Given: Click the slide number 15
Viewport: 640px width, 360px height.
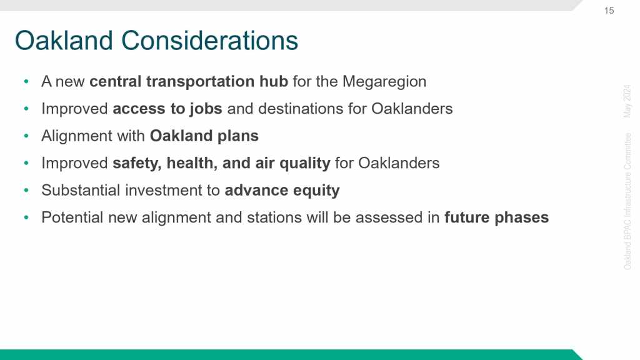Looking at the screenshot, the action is pyautogui.click(x=609, y=11).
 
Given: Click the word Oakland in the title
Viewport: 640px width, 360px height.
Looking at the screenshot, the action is pyautogui.click(x=64, y=41).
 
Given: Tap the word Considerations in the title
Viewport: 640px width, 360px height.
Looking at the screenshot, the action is pyautogui.click(x=209, y=41).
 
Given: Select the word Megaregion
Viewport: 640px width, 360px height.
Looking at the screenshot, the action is pyautogui.click(x=384, y=82).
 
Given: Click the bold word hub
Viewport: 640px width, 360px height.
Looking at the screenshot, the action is pyautogui.click(x=274, y=81).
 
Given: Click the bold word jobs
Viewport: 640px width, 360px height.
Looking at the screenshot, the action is pyautogui.click(x=205, y=109).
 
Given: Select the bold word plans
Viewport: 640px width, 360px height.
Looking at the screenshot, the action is pyautogui.click(x=238, y=136).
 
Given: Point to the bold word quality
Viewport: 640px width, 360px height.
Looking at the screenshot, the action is pyautogui.click(x=305, y=163).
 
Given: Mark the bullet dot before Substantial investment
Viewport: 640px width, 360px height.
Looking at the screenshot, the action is pyautogui.click(x=26, y=190).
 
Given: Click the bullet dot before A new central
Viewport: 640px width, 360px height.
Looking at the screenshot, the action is pyautogui.click(x=26, y=81).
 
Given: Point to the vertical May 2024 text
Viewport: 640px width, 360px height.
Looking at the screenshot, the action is pyautogui.click(x=627, y=101).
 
